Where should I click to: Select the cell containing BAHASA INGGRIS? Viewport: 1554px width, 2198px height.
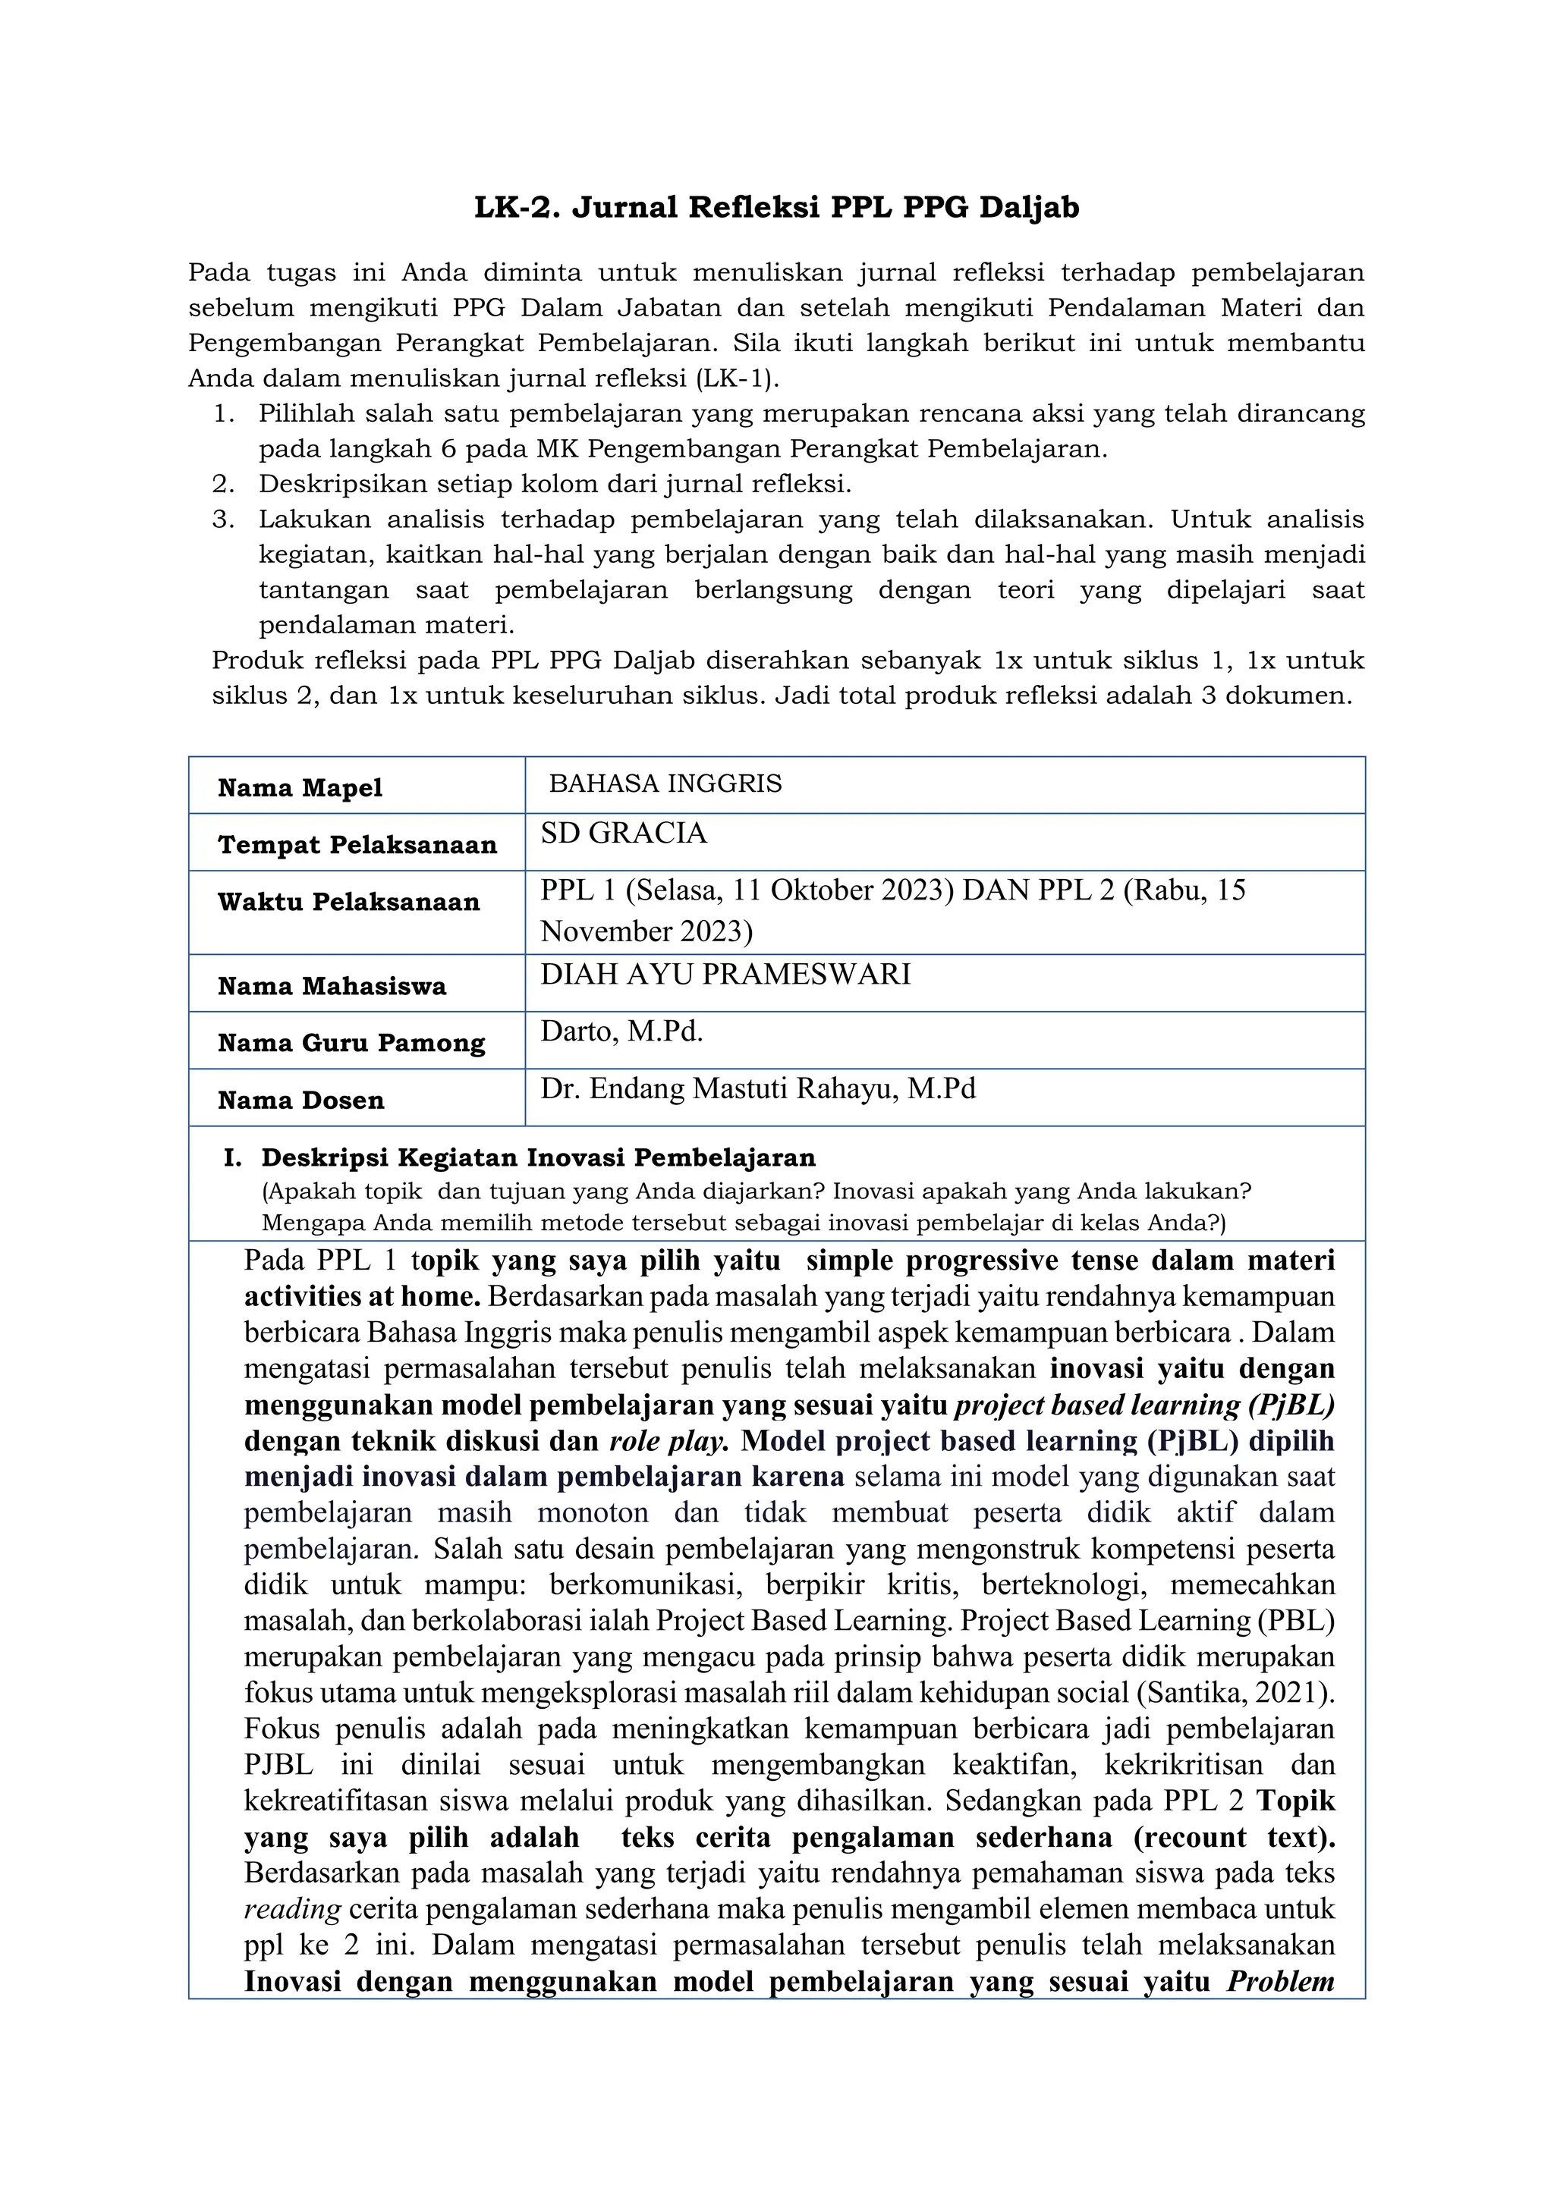point(665,784)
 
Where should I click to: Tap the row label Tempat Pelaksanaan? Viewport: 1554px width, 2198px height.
point(357,844)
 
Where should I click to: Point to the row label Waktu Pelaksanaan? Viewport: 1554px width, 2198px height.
point(348,902)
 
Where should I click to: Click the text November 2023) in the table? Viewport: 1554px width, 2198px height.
point(646,931)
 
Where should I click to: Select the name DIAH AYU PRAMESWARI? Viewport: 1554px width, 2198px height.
point(725,975)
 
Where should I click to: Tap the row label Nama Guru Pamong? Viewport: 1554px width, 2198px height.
point(351,1043)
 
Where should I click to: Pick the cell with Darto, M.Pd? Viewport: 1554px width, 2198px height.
point(621,1032)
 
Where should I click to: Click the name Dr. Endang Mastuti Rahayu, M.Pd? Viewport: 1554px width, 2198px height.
point(757,1089)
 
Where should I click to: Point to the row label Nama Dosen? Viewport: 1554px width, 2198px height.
point(300,1100)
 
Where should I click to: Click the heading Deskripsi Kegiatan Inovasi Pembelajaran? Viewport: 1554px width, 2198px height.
point(538,1157)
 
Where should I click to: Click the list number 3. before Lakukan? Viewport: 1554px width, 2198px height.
point(224,520)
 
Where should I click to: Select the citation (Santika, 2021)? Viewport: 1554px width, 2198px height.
point(1235,1693)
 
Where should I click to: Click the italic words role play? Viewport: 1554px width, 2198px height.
point(669,1442)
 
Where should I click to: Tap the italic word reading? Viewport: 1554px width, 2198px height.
point(292,1909)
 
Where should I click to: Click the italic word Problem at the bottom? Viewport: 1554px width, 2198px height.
point(1280,1980)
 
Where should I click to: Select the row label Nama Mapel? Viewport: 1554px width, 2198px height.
point(300,788)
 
